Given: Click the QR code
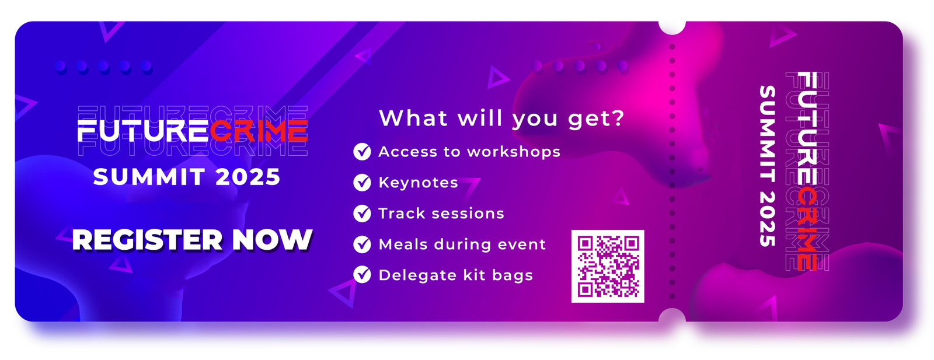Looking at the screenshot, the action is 608,266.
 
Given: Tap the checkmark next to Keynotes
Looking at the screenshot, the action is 362,183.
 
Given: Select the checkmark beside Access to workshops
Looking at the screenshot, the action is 362,152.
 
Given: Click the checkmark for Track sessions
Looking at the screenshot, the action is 362,214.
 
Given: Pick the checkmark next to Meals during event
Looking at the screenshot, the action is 362,244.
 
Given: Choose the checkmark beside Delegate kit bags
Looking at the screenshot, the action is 362,275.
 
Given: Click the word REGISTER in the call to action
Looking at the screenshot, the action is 148,240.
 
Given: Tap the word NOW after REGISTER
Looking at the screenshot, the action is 272,240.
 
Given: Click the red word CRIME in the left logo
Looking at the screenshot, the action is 259,131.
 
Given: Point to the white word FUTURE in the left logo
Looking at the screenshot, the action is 143,131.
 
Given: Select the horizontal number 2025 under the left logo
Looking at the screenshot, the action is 248,177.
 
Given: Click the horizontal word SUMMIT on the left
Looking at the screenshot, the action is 149,177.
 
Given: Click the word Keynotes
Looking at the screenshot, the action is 418,183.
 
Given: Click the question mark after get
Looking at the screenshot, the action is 618,118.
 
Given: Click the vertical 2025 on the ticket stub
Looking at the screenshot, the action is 767,219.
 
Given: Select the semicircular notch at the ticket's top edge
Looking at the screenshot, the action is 672,27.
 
